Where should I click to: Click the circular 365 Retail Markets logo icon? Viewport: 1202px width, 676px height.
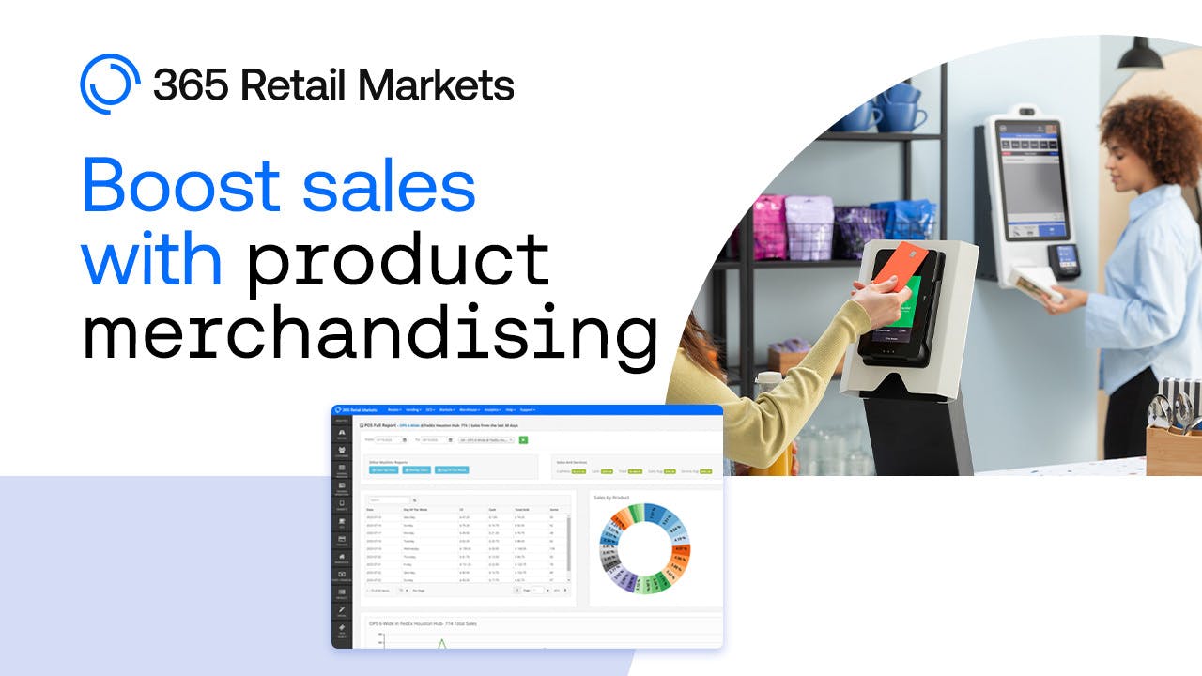[x=110, y=84]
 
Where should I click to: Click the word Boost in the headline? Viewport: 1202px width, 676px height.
[x=180, y=185]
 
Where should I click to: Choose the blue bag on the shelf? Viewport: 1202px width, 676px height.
[x=902, y=220]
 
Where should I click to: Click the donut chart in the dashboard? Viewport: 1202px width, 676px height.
[x=644, y=550]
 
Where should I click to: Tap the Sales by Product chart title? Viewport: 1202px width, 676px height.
[x=612, y=498]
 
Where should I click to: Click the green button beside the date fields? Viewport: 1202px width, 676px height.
[x=523, y=439]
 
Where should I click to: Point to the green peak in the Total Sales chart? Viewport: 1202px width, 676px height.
[x=441, y=642]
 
